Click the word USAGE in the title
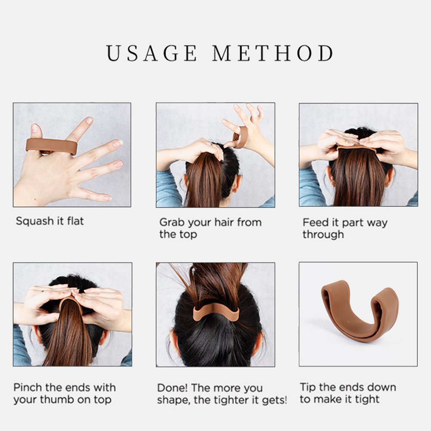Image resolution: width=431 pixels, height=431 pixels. tap(152, 53)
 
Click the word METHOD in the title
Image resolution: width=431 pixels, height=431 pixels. tap(273, 53)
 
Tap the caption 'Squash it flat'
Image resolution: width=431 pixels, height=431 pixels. tap(50, 221)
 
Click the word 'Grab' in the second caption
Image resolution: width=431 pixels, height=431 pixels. tap(171, 222)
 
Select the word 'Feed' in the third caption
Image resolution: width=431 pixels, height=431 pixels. tap(314, 222)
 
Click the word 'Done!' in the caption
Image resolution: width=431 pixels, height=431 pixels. tap(172, 388)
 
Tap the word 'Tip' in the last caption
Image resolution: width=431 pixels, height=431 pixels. tap(308, 387)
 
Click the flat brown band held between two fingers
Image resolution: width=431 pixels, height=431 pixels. tap(51, 146)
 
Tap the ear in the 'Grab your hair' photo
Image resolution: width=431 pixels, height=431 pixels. tap(237, 183)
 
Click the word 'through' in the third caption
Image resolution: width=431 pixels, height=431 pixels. tap(323, 235)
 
